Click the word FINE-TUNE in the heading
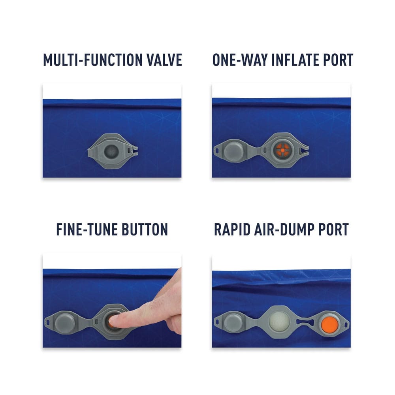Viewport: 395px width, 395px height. [87, 229]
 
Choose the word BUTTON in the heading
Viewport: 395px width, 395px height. [145, 229]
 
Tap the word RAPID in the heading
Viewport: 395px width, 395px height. [232, 229]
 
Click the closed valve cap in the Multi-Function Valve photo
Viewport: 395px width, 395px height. [111, 151]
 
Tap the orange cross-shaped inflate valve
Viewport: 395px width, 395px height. [282, 150]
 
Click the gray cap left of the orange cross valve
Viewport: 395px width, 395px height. [233, 150]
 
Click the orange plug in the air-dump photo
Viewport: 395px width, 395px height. [330, 324]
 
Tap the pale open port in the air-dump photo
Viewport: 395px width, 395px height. [279, 322]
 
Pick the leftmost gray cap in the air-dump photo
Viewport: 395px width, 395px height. [233, 322]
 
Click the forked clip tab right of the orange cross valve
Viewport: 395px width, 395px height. [304, 150]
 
